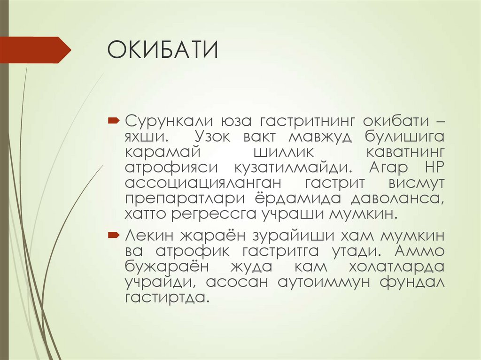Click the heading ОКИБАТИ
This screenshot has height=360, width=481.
(x=163, y=50)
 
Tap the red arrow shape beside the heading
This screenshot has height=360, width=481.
(x=35, y=50)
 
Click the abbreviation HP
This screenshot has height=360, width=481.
(x=431, y=168)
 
